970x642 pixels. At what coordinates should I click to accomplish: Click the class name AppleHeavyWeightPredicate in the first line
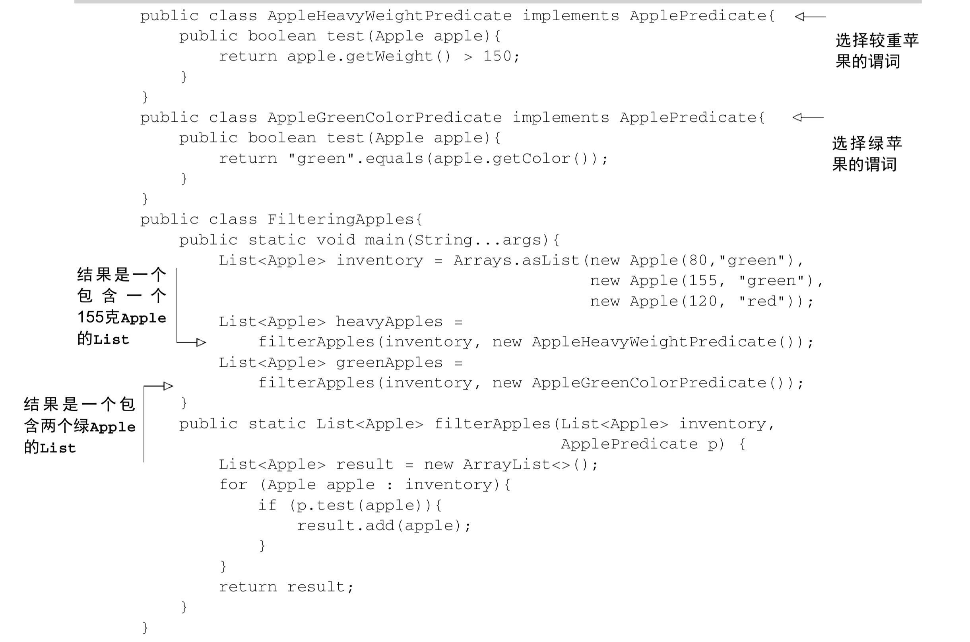point(390,16)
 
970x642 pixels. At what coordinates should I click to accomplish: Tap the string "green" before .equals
point(321,158)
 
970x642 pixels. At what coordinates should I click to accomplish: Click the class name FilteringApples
point(340,220)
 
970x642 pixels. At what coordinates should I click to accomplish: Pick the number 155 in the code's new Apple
point(703,281)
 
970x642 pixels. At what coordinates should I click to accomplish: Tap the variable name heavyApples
point(389,322)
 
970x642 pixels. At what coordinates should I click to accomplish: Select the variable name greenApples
point(389,363)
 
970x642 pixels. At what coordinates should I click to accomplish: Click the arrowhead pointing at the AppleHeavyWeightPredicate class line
point(800,16)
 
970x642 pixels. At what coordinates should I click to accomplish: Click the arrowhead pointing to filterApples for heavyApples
point(201,342)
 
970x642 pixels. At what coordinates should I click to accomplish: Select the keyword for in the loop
point(233,485)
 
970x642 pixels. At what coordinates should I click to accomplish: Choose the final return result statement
point(285,587)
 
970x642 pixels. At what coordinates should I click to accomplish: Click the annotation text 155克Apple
point(122,318)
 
